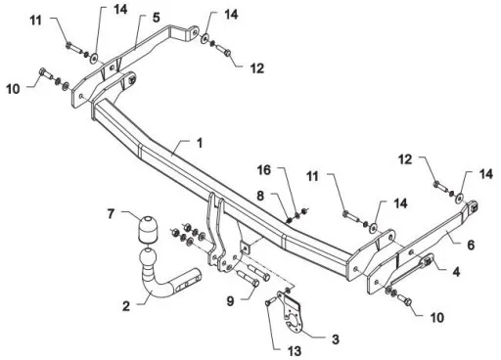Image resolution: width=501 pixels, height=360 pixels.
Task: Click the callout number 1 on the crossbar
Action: pos(200,143)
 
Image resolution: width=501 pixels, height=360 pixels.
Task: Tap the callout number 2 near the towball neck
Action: pos(126,306)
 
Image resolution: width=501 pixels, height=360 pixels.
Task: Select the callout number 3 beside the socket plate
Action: pos(336,339)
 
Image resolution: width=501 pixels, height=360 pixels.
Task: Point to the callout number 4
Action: pos(456,271)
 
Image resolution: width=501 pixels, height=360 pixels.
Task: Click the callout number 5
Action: pos(157,18)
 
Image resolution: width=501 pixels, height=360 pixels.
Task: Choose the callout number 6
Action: pos(471,245)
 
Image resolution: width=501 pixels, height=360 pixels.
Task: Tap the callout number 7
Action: pos(111,214)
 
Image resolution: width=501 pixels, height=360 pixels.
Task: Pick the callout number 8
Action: pos(260,196)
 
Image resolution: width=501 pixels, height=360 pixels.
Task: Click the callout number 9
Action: pos(231,300)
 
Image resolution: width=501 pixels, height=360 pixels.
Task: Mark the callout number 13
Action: pos(295,351)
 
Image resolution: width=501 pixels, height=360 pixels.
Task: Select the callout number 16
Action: pos(264,169)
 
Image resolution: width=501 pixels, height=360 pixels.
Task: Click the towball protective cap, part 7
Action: pos(148,230)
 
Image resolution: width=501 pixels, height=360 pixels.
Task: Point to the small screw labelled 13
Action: pos(268,303)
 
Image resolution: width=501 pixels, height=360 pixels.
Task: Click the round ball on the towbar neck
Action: pos(149,258)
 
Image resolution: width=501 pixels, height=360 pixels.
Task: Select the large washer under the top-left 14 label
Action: pos(94,58)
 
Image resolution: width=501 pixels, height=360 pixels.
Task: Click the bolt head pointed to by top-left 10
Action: pos(42,71)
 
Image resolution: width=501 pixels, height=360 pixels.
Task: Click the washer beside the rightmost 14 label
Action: pos(460,199)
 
